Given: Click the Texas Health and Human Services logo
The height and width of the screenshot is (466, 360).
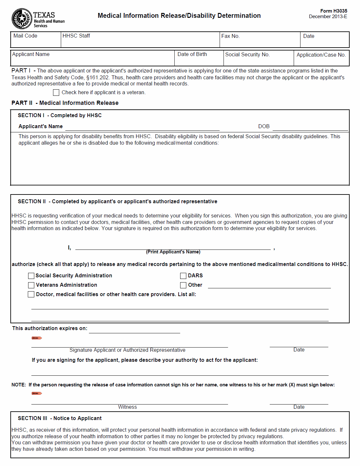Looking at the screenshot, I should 38,19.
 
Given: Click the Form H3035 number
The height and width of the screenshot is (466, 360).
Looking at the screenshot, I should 333,11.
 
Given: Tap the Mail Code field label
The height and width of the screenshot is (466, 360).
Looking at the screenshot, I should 25,36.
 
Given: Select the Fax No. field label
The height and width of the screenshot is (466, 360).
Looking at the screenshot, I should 230,36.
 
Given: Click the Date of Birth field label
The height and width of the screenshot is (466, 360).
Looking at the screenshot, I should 192,54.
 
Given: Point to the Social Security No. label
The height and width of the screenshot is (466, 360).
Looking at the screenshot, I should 247,55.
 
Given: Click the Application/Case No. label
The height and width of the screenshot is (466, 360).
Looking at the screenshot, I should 321,55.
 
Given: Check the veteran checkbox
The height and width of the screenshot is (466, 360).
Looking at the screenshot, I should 56,93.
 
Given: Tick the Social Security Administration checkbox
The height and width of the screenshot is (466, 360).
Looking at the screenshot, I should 31,276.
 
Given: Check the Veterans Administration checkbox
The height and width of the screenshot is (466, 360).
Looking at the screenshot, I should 31,285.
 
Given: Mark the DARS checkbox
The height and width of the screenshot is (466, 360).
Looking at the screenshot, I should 183,276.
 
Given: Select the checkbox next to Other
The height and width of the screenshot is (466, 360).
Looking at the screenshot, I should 183,285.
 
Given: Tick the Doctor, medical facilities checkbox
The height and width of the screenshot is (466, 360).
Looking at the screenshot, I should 31,294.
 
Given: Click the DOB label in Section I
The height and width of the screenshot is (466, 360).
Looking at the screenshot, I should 264,127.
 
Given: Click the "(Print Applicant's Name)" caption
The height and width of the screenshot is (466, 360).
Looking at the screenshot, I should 173,252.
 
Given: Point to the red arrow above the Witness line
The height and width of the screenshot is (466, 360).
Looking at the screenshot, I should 37,394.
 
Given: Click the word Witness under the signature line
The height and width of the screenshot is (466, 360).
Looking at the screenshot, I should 127,407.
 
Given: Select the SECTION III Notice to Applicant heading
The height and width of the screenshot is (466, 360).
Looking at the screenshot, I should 60,418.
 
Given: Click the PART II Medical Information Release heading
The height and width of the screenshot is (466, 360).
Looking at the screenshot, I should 65,103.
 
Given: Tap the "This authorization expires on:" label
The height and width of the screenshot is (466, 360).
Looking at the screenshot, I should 49,328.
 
